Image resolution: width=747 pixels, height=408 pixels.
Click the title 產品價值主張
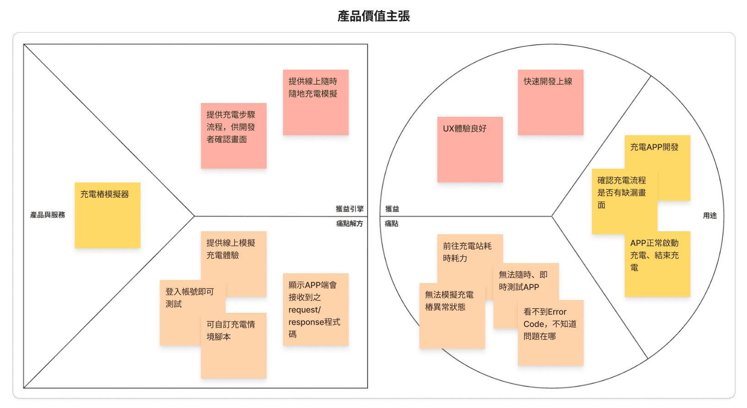[373, 16]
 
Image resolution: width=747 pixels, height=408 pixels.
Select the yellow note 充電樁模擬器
[107, 215]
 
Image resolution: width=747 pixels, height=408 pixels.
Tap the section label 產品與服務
[48, 215]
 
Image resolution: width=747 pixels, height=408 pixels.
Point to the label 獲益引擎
[349, 209]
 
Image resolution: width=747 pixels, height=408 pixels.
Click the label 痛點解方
[349, 223]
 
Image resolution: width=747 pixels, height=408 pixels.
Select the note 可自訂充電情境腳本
[233, 348]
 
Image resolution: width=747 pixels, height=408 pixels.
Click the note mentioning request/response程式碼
[316, 309]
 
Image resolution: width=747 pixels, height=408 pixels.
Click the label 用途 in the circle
[709, 215]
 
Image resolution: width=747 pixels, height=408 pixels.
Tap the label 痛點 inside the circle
[392, 223]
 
